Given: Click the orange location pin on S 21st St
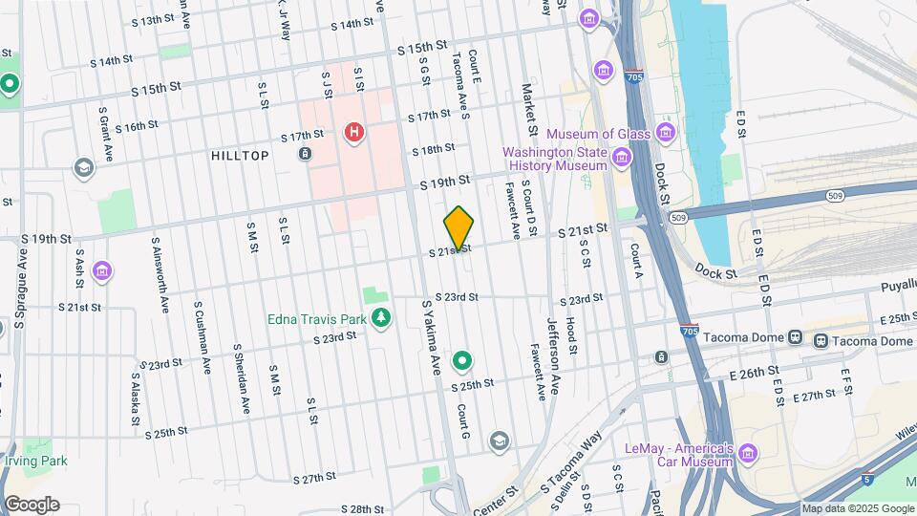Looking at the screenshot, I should point(459,227).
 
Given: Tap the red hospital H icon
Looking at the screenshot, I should point(354,131).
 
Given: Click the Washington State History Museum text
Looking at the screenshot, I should point(555,159).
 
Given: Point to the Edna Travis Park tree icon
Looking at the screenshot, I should point(381,316).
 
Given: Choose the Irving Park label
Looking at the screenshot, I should point(35,461).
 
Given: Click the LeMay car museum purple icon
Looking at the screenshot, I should point(748,453).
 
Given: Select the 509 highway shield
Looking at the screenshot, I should point(678,218).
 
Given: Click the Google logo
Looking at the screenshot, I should point(32,505).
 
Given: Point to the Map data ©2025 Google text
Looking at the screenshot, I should point(857,508).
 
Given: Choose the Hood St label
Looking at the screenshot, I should point(570,336).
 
